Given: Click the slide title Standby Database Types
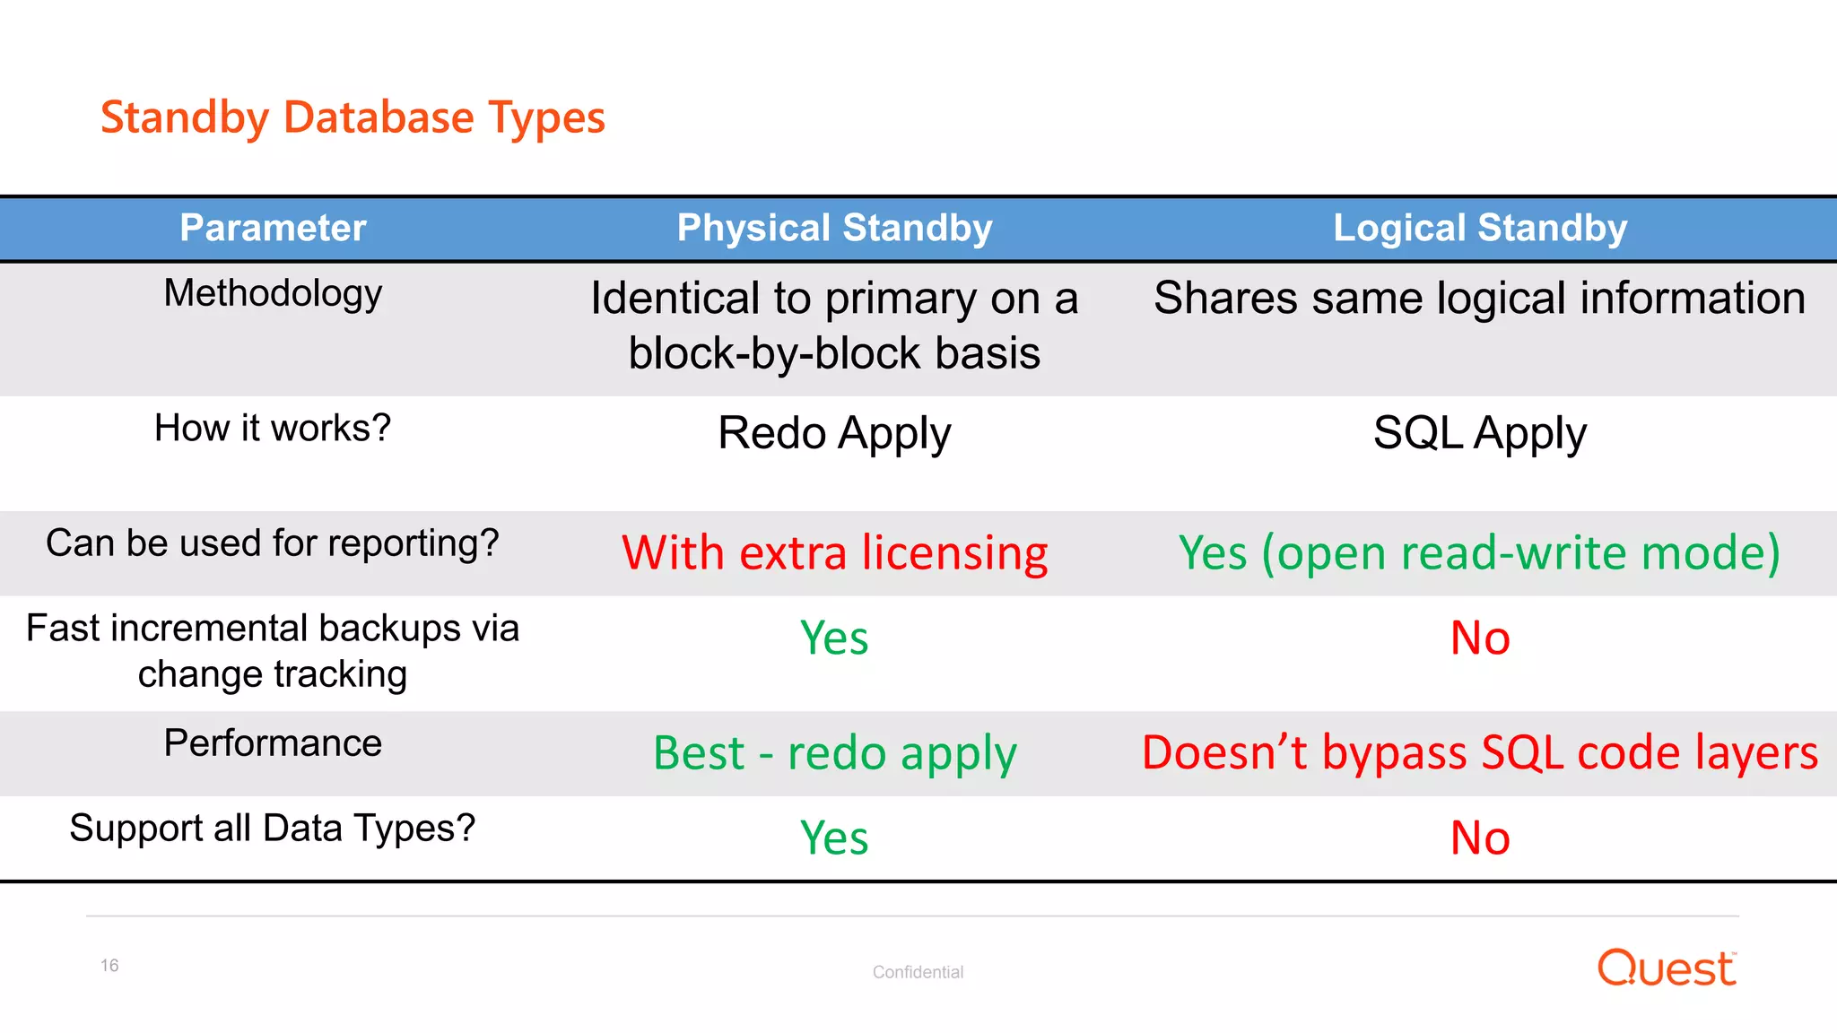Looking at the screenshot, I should tap(353, 117).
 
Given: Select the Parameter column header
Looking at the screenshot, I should tap(273, 228).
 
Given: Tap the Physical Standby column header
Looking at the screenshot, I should tap(834, 228).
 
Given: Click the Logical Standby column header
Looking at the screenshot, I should tap(1480, 228).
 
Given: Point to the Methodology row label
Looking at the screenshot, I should tap(273, 293).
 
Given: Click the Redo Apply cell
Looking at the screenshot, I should tap(834, 433).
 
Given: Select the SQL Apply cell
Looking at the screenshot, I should tap(1480, 433).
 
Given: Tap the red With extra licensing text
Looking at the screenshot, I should tap(834, 552).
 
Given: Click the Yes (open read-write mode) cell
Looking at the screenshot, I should tap(1480, 552).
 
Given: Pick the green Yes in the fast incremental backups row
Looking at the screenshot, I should tap(834, 638).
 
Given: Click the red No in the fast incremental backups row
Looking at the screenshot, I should tap(1480, 638).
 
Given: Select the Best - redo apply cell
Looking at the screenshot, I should tap(834, 752).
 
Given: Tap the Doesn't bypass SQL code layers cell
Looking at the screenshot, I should tap(1480, 752).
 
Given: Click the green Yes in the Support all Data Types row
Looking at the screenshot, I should tap(834, 838).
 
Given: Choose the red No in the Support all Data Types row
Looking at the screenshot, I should tap(1480, 838).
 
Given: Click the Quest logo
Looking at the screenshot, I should tap(1667, 968).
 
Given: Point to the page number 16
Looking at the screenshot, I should tap(109, 966).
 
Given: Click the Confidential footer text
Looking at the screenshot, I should tap(918, 972).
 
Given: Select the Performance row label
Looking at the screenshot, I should tap(273, 743).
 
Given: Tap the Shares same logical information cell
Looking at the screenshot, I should tap(1480, 298).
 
